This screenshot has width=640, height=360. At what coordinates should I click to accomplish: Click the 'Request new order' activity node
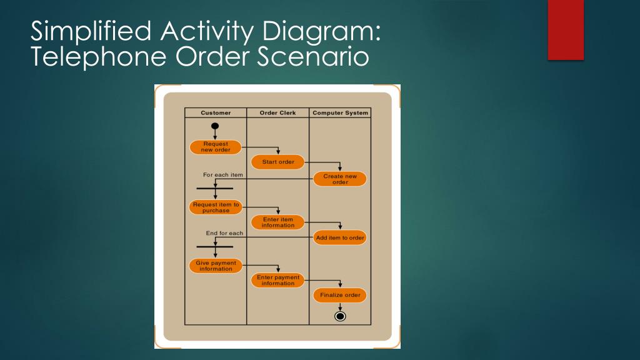pos(216,147)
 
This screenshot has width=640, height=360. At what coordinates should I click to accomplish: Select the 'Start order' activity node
pos(277,162)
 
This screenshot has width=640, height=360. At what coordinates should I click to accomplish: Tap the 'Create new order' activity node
pos(340,179)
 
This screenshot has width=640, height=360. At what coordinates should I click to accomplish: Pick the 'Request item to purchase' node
pos(216,207)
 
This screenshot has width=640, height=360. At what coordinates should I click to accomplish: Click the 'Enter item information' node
pos(277,222)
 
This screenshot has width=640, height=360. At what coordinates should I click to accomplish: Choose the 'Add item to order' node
pos(340,238)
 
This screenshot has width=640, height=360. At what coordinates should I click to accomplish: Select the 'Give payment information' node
pos(216,266)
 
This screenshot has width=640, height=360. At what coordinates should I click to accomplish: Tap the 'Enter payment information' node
pos(277,281)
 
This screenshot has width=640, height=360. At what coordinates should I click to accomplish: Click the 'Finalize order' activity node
pos(340,295)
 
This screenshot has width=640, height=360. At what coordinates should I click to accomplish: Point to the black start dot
pos(215,126)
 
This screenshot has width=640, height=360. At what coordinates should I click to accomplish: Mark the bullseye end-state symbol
pos(340,316)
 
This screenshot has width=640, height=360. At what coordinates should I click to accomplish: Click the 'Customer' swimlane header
pos(216,113)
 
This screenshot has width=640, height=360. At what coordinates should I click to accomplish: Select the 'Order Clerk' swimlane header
pos(277,113)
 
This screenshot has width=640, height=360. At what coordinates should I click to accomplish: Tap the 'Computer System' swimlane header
pos(340,113)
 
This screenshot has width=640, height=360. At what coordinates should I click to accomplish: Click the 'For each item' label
pos(223,175)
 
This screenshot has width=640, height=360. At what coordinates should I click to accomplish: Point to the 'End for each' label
pos(224,233)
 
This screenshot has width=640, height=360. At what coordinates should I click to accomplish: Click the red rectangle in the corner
pos(566,30)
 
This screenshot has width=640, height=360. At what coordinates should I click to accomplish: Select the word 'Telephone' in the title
pos(99,57)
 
